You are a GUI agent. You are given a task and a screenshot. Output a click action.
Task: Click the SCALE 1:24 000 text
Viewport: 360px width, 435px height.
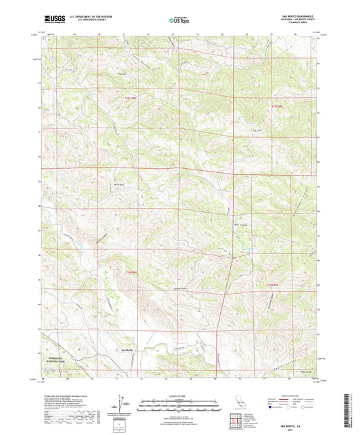click(180, 395)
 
